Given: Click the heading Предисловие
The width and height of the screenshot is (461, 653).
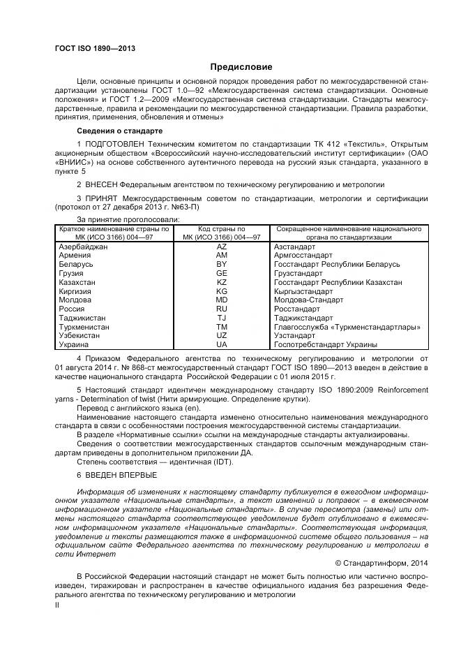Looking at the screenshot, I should click(241, 67).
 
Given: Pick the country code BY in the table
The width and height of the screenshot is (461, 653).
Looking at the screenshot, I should click(222, 265).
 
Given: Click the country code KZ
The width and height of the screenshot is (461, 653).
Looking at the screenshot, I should click(222, 282).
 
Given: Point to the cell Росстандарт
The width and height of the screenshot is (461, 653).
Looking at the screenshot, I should click(297, 309).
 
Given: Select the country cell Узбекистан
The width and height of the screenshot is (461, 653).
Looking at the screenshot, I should click(80, 335).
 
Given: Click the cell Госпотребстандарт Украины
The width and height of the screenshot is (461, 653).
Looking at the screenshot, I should click(326, 344).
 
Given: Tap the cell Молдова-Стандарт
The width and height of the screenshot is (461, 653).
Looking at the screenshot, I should click(308, 300).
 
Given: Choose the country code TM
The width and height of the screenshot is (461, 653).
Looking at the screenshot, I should click(222, 326).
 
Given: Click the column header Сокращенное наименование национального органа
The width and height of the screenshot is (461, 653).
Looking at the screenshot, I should click(349, 233).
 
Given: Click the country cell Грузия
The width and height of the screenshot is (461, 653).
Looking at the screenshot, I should click(73, 274).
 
